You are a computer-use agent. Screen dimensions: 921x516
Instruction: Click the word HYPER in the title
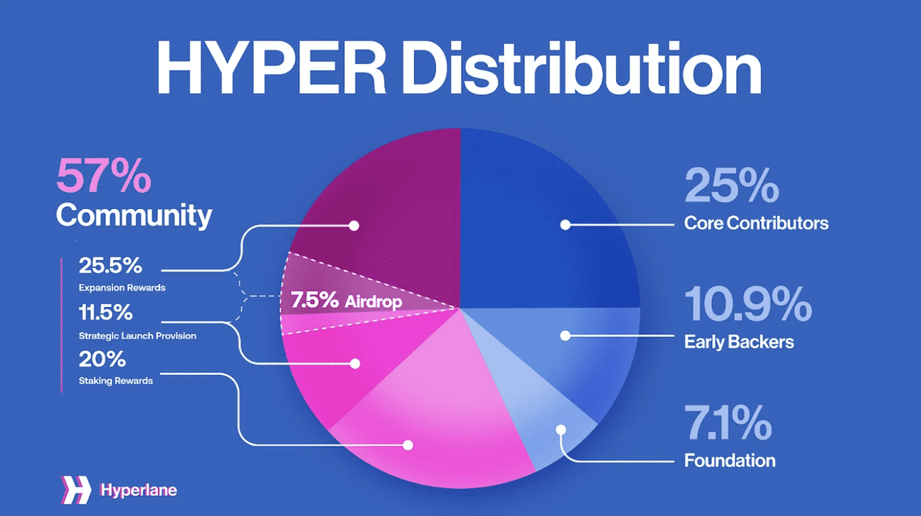click(272, 68)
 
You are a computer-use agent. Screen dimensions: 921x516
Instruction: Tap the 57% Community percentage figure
click(104, 176)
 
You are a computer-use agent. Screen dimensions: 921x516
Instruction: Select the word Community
click(134, 215)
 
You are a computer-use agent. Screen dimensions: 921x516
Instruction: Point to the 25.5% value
click(110, 265)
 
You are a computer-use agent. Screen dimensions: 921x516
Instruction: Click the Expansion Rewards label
click(122, 288)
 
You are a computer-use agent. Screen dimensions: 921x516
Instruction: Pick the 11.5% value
click(106, 313)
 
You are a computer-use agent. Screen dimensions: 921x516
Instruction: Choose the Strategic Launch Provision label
click(137, 336)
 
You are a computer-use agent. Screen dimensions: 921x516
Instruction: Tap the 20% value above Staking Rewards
click(102, 359)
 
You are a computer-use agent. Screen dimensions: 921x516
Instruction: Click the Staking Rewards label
click(115, 381)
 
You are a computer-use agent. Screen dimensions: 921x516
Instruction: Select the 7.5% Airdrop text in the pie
click(346, 301)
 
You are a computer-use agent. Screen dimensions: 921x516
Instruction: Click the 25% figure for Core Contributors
click(731, 186)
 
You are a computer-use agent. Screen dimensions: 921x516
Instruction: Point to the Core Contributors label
click(756, 223)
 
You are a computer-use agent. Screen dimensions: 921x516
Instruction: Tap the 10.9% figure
click(748, 304)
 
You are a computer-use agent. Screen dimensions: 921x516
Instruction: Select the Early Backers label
click(739, 342)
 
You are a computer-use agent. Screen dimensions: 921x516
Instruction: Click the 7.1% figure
click(728, 422)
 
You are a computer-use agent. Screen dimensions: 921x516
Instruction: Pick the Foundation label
click(730, 461)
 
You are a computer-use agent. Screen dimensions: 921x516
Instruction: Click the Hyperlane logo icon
click(76, 490)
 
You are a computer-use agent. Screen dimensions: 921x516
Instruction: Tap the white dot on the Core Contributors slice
click(565, 225)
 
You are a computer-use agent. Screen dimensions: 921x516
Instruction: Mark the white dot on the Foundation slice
click(561, 430)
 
